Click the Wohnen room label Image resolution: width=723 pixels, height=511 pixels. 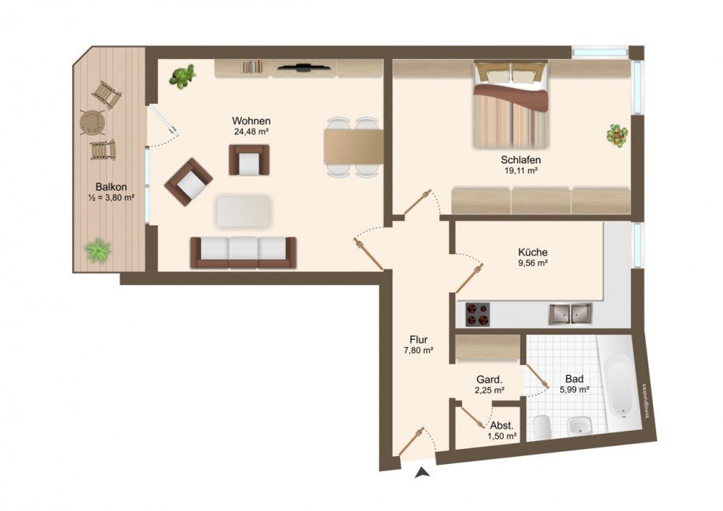click(251, 121)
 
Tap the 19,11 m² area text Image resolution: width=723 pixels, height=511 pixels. click(519, 170)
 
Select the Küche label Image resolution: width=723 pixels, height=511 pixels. click(532, 252)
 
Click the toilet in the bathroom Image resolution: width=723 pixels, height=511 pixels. click(542, 427)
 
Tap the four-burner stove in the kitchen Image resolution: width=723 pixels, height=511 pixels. click(476, 314)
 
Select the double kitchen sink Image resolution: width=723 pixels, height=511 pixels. click(571, 313)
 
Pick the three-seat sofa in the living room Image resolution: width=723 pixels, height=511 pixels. click(244, 251)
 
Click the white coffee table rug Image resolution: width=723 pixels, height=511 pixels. click(244, 211)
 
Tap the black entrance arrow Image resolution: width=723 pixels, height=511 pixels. click(423, 472)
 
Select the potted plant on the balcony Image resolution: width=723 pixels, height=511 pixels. click(97, 250)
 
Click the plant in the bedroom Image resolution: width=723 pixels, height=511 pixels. click(617, 135)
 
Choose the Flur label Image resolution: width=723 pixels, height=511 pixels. click(418, 339)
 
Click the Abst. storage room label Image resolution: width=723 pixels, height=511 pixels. click(502, 425)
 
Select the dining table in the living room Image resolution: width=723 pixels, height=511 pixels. click(353, 146)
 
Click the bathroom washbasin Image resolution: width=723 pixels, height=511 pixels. click(579, 426)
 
